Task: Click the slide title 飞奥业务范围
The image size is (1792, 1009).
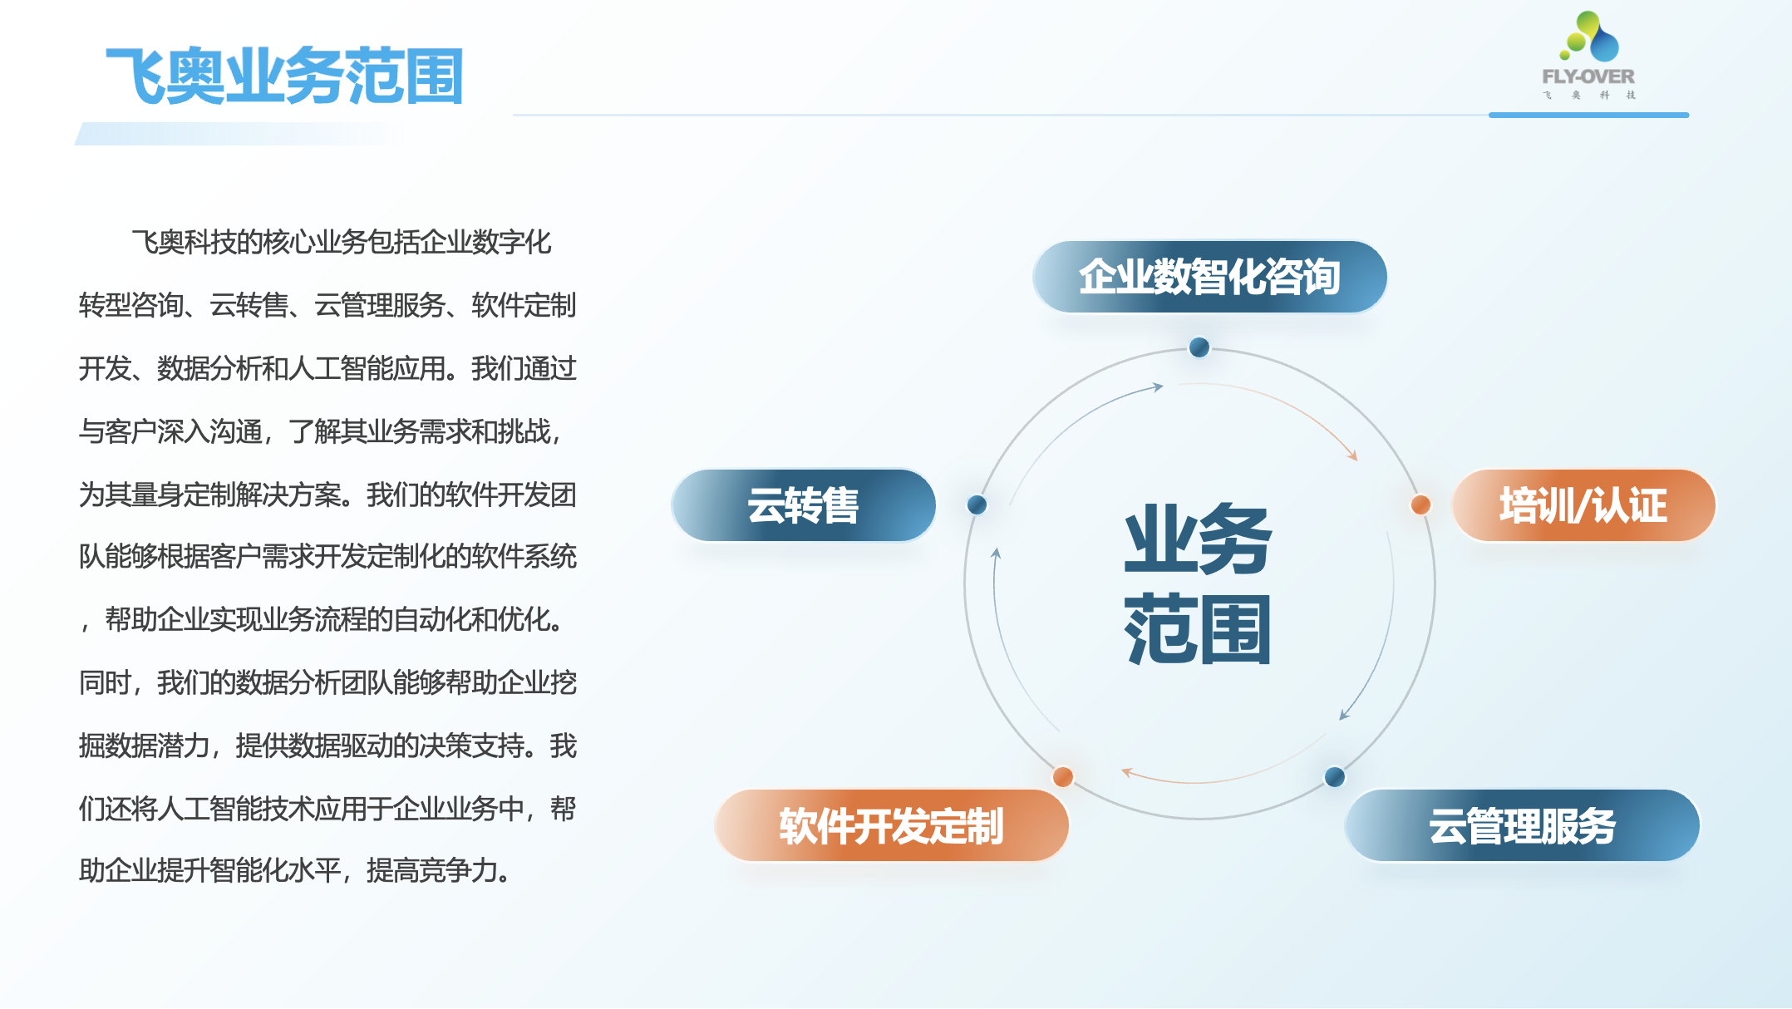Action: [x=284, y=76]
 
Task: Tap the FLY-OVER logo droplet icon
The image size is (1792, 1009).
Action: [x=1589, y=37]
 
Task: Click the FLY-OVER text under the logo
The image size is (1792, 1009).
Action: [x=1588, y=76]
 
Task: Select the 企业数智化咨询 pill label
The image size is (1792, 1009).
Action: [x=1209, y=277]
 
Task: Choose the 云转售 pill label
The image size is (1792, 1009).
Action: [x=803, y=505]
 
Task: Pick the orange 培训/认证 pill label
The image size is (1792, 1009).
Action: [x=1583, y=505]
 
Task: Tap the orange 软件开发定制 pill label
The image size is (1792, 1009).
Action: [x=891, y=825]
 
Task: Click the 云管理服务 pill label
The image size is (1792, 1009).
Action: [x=1522, y=825]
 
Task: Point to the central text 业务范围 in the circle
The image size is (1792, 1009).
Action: [x=1198, y=583]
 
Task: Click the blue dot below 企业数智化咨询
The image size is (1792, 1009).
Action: [x=1199, y=347]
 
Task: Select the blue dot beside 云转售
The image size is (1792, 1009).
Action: [x=977, y=504]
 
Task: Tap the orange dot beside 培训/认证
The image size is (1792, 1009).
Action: [x=1420, y=504]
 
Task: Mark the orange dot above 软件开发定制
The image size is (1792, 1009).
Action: [x=1062, y=776]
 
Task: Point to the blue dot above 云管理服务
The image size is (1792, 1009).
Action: [x=1334, y=776]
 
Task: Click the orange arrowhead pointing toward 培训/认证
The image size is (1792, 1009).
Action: [x=1353, y=455]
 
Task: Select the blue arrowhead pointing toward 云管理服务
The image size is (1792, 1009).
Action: [x=1343, y=715]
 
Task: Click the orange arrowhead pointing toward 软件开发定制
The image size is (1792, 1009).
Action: [x=1126, y=772]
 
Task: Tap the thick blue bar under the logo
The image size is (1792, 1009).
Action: [x=1588, y=115]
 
